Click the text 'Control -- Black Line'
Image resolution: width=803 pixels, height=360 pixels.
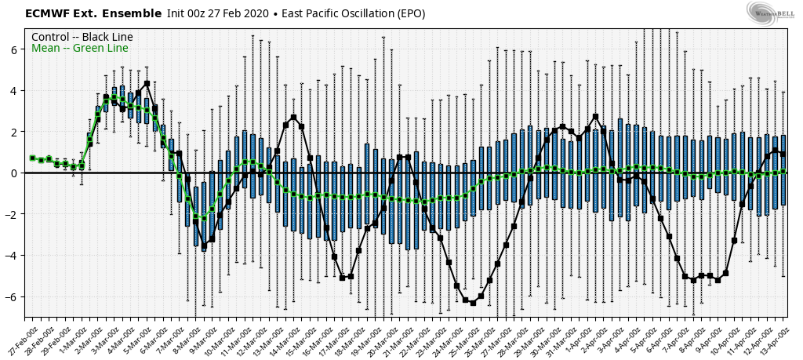(82, 37)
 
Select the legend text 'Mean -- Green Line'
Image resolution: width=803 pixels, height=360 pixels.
(79, 49)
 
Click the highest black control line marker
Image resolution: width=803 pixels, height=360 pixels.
(147, 83)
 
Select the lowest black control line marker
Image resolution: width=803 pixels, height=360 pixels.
(473, 303)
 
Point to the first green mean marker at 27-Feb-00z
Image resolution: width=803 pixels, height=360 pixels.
(32, 158)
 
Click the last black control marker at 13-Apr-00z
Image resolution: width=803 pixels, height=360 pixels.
(783, 154)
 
